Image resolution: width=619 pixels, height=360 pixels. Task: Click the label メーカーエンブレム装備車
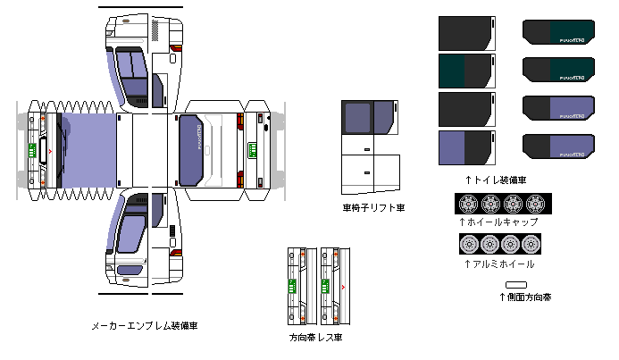144,326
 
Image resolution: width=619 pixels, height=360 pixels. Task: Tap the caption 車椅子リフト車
374,208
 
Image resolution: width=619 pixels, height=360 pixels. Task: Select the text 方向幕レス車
315,338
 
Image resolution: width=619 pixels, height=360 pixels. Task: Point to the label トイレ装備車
494,179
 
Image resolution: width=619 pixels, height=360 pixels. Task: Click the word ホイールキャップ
502,222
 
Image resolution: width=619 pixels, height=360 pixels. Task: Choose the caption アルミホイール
502,264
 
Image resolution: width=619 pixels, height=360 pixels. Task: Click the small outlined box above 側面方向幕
516,284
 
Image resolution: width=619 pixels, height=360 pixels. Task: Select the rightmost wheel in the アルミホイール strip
534,244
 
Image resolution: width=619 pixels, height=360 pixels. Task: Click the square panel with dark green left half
465,71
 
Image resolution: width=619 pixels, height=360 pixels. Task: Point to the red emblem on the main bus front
50,151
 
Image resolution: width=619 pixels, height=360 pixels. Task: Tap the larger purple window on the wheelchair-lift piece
358,118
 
